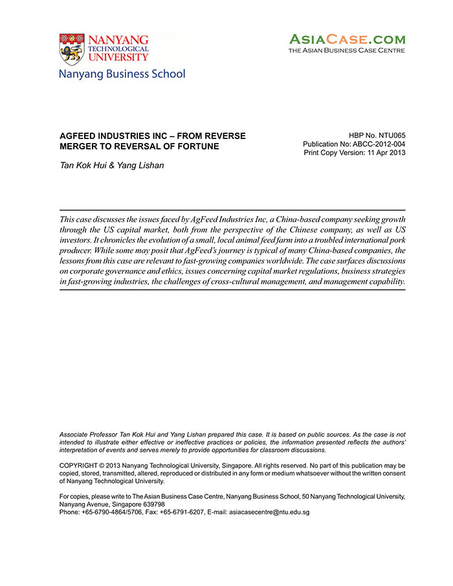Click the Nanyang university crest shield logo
click(x=71, y=50)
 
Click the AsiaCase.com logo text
click(x=347, y=39)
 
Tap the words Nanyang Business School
click(x=122, y=74)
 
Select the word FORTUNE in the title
click(x=198, y=146)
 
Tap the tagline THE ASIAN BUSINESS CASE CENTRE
click(x=347, y=50)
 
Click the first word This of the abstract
click(x=67, y=219)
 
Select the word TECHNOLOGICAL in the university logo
click(x=119, y=49)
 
